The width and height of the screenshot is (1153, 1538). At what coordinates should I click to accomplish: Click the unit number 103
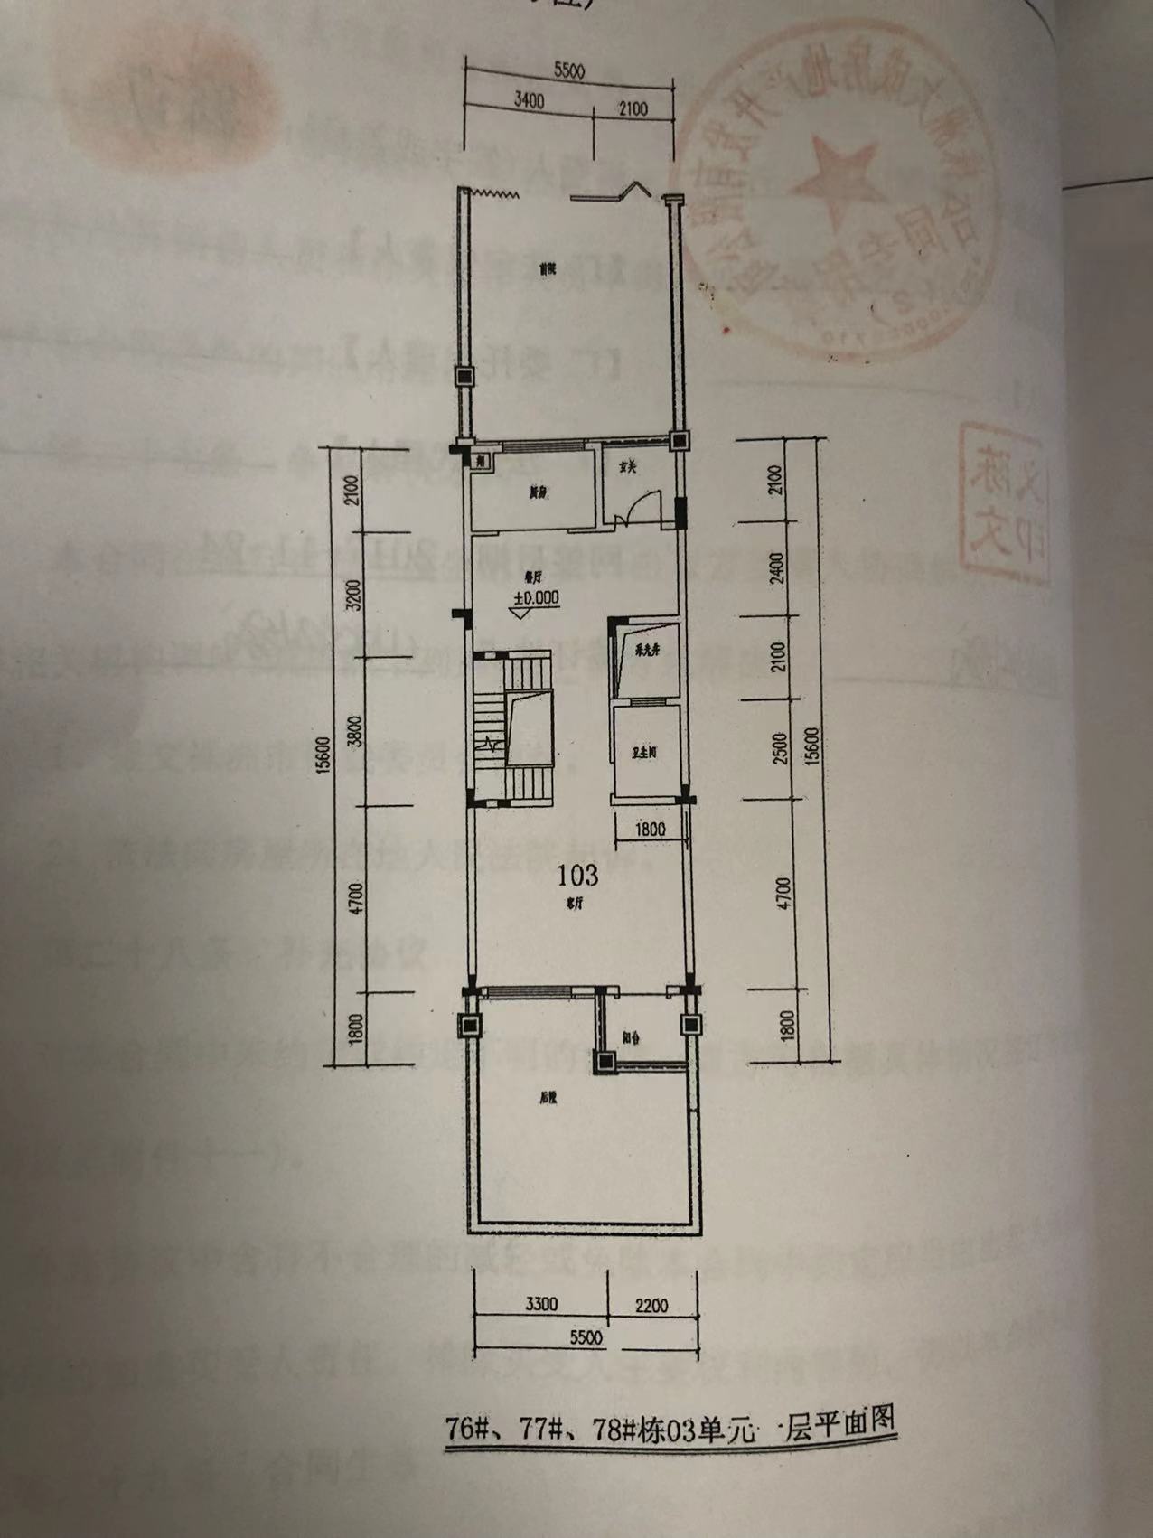tap(577, 875)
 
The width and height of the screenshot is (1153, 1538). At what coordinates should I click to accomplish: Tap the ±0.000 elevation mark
tap(537, 597)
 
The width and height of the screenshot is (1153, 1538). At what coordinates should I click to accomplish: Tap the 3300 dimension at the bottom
tap(540, 1304)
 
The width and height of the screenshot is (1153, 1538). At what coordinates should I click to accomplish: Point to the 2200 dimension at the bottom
tap(651, 1306)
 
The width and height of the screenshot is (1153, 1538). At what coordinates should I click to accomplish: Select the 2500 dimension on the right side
tap(782, 749)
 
